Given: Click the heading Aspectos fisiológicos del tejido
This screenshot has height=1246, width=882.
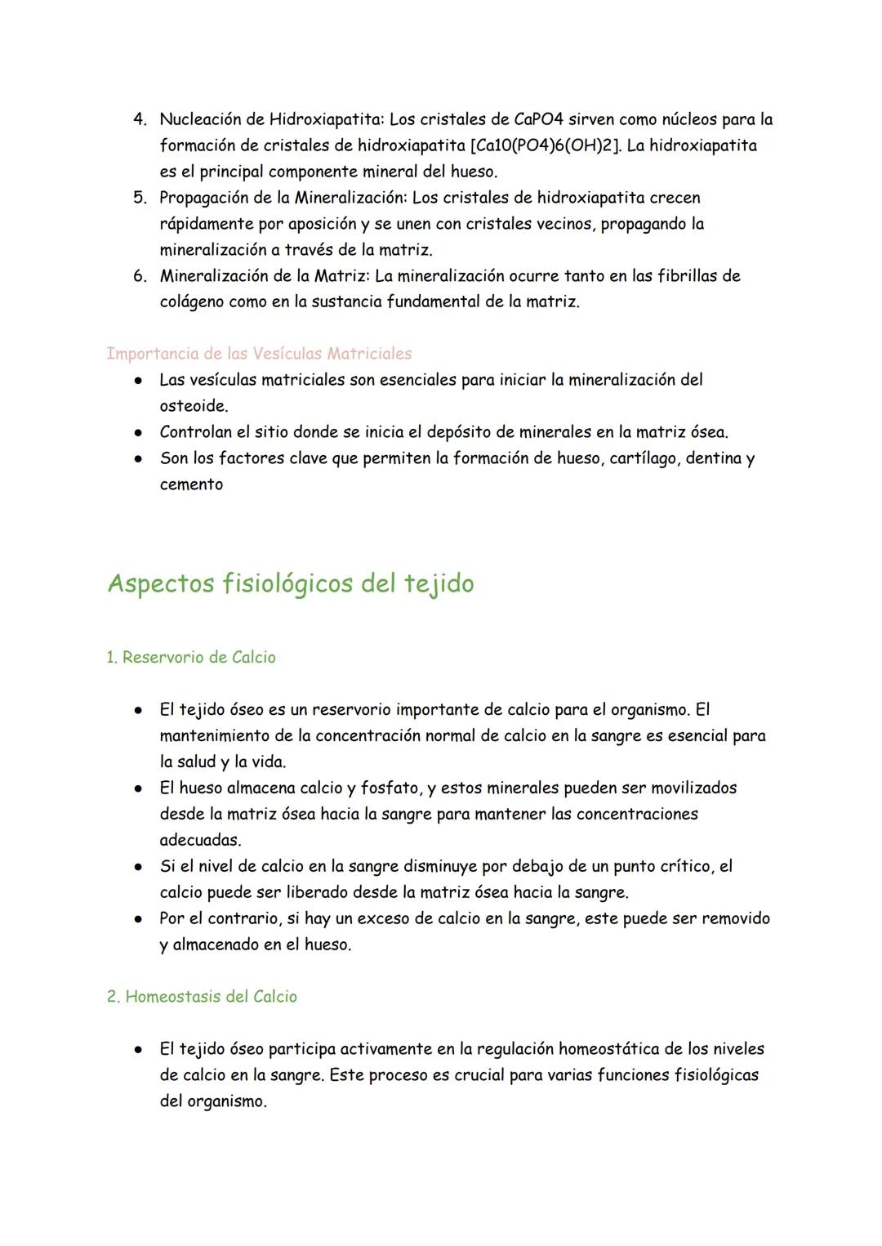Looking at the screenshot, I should [x=290, y=584].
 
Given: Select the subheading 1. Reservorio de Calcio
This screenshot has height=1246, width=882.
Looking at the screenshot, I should [x=191, y=658].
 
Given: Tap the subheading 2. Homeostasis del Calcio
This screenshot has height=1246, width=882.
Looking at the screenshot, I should [x=202, y=997].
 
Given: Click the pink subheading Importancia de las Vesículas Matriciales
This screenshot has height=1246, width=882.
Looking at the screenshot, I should [x=259, y=354].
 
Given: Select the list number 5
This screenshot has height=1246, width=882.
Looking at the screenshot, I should [x=140, y=198].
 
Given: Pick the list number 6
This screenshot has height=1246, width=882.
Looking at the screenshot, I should [x=140, y=276].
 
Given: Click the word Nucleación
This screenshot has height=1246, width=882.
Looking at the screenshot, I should [x=202, y=119].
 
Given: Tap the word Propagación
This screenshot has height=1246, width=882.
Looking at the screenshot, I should [x=204, y=198].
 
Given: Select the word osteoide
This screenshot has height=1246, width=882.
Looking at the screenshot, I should [x=193, y=406].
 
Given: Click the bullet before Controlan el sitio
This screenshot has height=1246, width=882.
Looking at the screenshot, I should [x=140, y=432].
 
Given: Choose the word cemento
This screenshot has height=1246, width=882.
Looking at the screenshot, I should [x=191, y=485].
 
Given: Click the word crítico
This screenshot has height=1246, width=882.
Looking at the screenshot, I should [x=684, y=866].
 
